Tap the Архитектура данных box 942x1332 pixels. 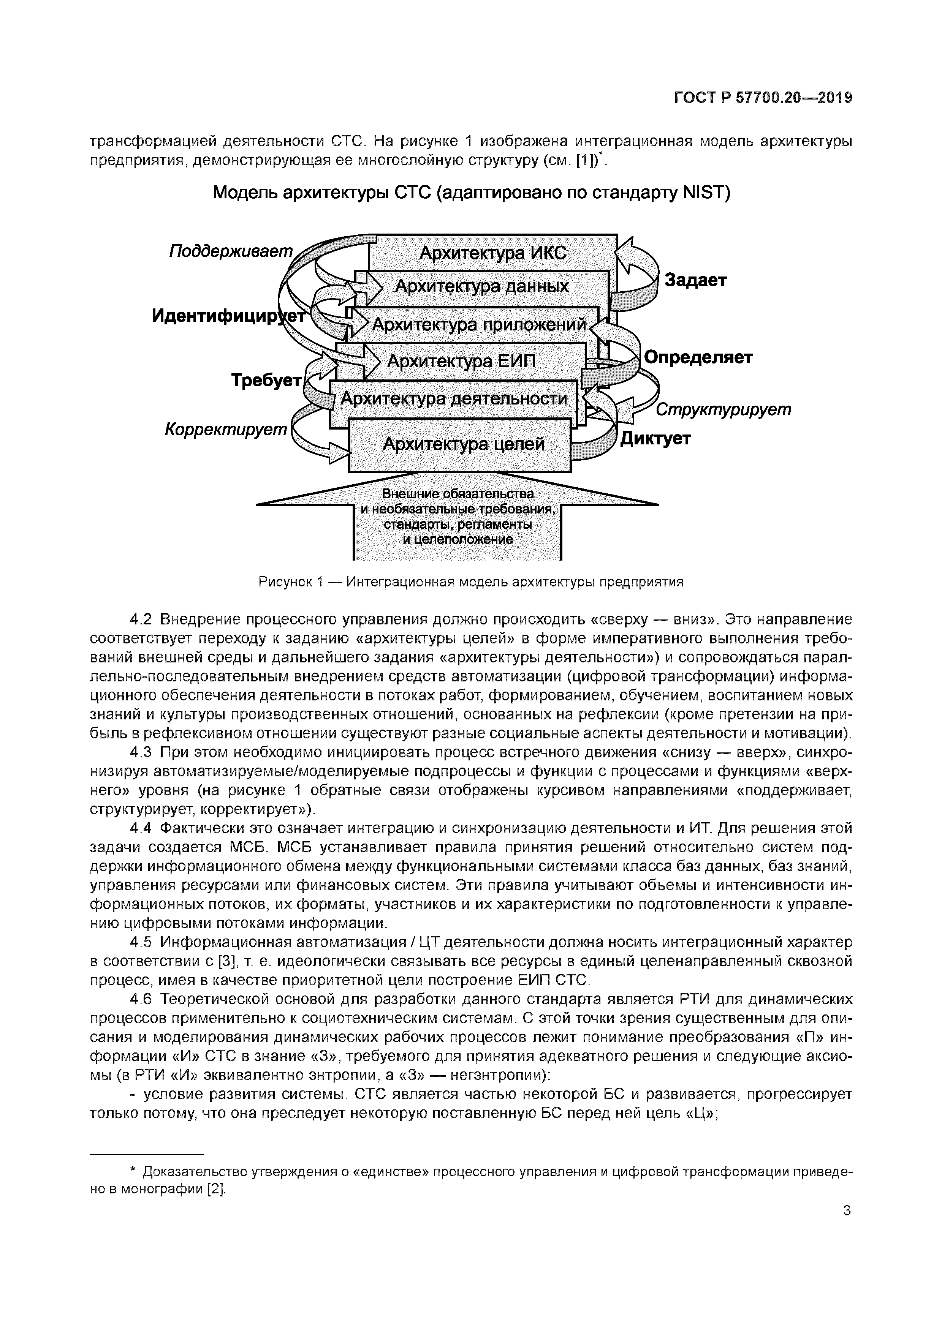pyautogui.click(x=482, y=287)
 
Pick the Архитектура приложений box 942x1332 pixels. pyautogui.click(x=479, y=324)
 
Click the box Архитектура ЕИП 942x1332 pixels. pyautogui.click(x=461, y=362)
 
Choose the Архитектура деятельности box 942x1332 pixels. pyautogui.click(x=453, y=398)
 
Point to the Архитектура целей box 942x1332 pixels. pyautogui.click(x=463, y=444)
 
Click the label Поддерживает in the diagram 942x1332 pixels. pyautogui.click(x=231, y=251)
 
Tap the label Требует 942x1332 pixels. pyautogui.click(x=266, y=381)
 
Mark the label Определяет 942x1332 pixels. pyautogui.click(x=698, y=357)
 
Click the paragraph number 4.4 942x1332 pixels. pyautogui.click(x=141, y=828)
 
